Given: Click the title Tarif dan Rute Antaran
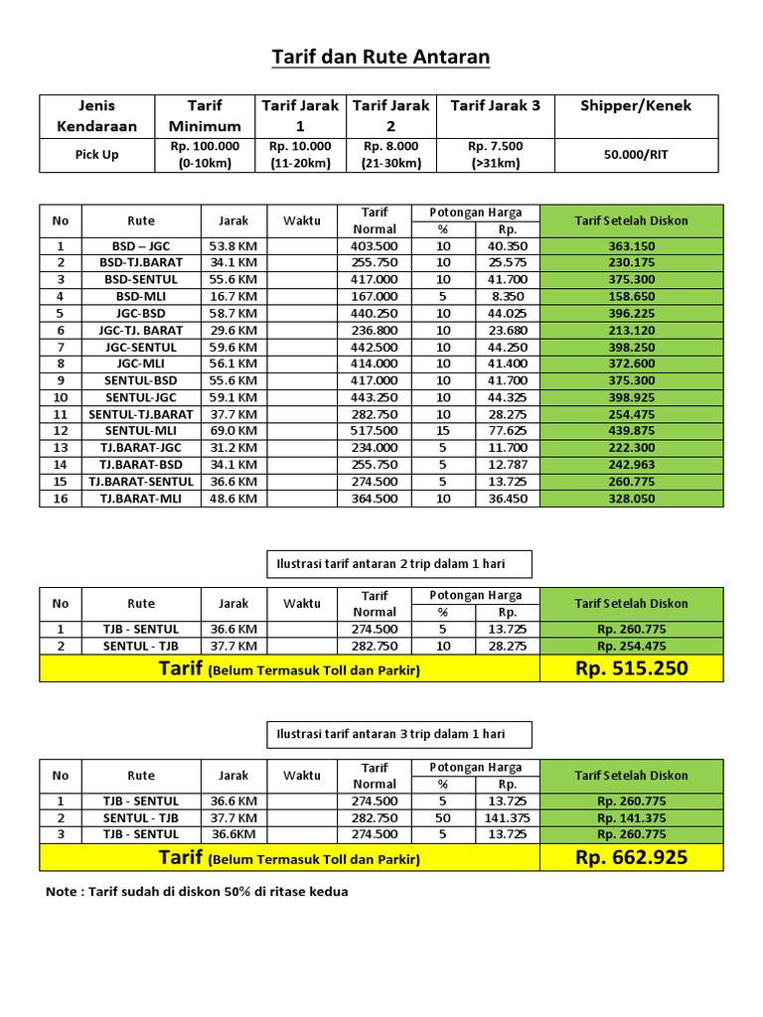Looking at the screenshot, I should click(x=381, y=58).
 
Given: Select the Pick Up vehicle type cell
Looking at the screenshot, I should click(x=96, y=154).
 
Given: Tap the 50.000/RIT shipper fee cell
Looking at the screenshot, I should click(x=636, y=154).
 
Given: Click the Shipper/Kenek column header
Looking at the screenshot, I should click(x=636, y=105).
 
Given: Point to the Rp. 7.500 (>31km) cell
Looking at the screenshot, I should click(x=496, y=154).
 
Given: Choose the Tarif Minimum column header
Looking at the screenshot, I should click(x=205, y=115).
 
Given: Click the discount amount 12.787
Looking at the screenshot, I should click(x=507, y=465).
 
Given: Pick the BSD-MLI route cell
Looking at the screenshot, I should click(x=140, y=296).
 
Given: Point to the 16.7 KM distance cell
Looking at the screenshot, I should click(x=234, y=296).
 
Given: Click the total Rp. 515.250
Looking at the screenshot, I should click(x=632, y=668).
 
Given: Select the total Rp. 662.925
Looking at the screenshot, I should click(x=632, y=856).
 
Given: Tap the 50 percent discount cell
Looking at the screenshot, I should click(x=443, y=817).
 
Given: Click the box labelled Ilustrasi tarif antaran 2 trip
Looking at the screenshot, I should click(x=398, y=563).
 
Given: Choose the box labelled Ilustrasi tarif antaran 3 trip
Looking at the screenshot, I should click(x=398, y=734).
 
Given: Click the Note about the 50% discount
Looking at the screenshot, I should click(x=197, y=891).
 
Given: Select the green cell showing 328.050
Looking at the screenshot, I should click(x=632, y=499).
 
